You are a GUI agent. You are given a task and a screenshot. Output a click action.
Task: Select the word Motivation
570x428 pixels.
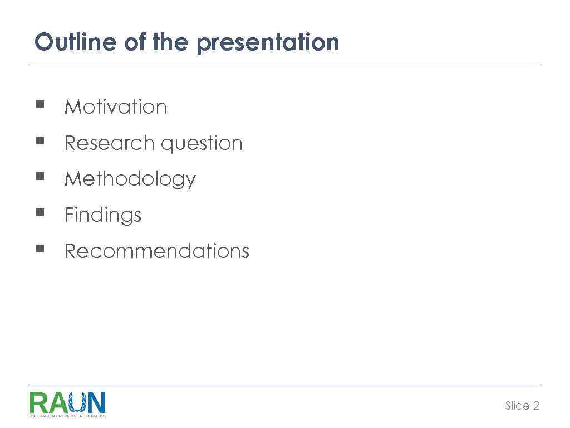click(115, 106)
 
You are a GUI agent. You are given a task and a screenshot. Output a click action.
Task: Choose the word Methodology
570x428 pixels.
click(130, 179)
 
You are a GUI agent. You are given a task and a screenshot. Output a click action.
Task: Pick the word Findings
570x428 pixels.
click(103, 216)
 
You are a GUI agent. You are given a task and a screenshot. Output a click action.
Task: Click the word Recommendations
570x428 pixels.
click(156, 251)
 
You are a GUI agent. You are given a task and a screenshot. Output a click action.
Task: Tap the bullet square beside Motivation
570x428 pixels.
click(40, 104)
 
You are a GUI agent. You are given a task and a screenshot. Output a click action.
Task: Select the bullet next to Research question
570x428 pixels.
click(40, 140)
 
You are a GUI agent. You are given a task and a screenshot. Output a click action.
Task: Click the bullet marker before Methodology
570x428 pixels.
click(40, 176)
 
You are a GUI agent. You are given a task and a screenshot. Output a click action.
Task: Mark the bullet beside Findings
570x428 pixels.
click(40, 212)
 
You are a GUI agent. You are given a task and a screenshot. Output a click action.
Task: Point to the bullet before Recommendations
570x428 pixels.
click(40, 248)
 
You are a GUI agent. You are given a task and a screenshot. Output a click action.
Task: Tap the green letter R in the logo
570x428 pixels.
click(38, 402)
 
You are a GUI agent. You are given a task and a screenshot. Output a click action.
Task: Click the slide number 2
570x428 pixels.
click(536, 406)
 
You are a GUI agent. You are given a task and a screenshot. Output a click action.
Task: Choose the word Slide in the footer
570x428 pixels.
click(517, 406)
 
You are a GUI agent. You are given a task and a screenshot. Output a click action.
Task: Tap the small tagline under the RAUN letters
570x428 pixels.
click(67, 416)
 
